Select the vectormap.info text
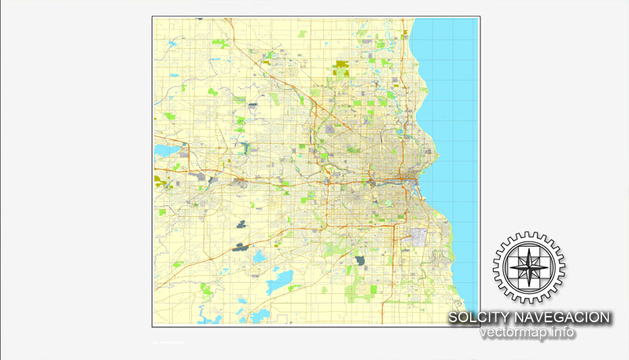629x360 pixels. coord(528,332)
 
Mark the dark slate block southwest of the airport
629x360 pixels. coord(360,260)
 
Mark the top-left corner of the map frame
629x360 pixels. coord(153,17)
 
